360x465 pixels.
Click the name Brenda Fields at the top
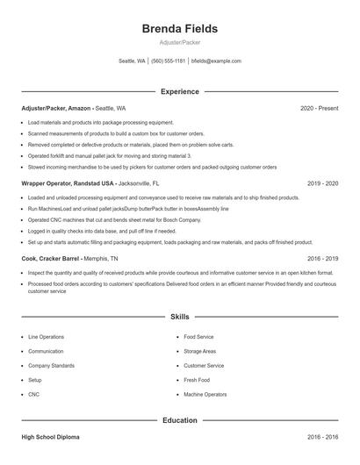(179, 28)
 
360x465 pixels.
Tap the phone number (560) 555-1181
(169, 61)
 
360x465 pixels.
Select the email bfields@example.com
(216, 61)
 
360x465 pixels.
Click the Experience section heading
(179, 91)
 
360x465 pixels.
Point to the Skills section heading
(179, 316)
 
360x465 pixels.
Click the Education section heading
(179, 420)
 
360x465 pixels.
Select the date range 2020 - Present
(319, 108)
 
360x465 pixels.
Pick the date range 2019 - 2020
(322, 184)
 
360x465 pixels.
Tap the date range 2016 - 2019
(322, 260)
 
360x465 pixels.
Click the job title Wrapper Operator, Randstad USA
(68, 184)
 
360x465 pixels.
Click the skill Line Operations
(46, 337)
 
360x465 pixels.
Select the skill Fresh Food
(196, 380)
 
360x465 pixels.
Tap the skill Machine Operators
(205, 395)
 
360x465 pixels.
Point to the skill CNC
(34, 395)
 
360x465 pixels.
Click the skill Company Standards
(51, 366)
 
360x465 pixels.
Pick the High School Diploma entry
(52, 436)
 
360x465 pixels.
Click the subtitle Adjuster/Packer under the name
(179, 42)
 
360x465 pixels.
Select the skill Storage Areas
(200, 351)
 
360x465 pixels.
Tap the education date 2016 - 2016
(322, 436)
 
